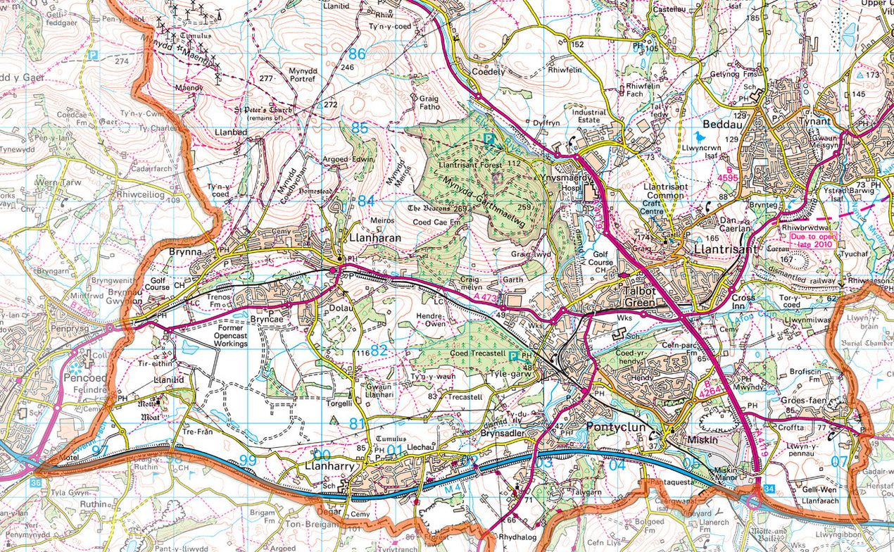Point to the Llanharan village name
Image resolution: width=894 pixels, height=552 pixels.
point(375,238)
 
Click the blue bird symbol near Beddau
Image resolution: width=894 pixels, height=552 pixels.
point(699,137)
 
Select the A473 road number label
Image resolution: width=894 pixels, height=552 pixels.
point(486,299)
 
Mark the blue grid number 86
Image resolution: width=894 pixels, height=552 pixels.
point(358,54)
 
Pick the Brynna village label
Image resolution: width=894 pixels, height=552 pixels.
point(184,251)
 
